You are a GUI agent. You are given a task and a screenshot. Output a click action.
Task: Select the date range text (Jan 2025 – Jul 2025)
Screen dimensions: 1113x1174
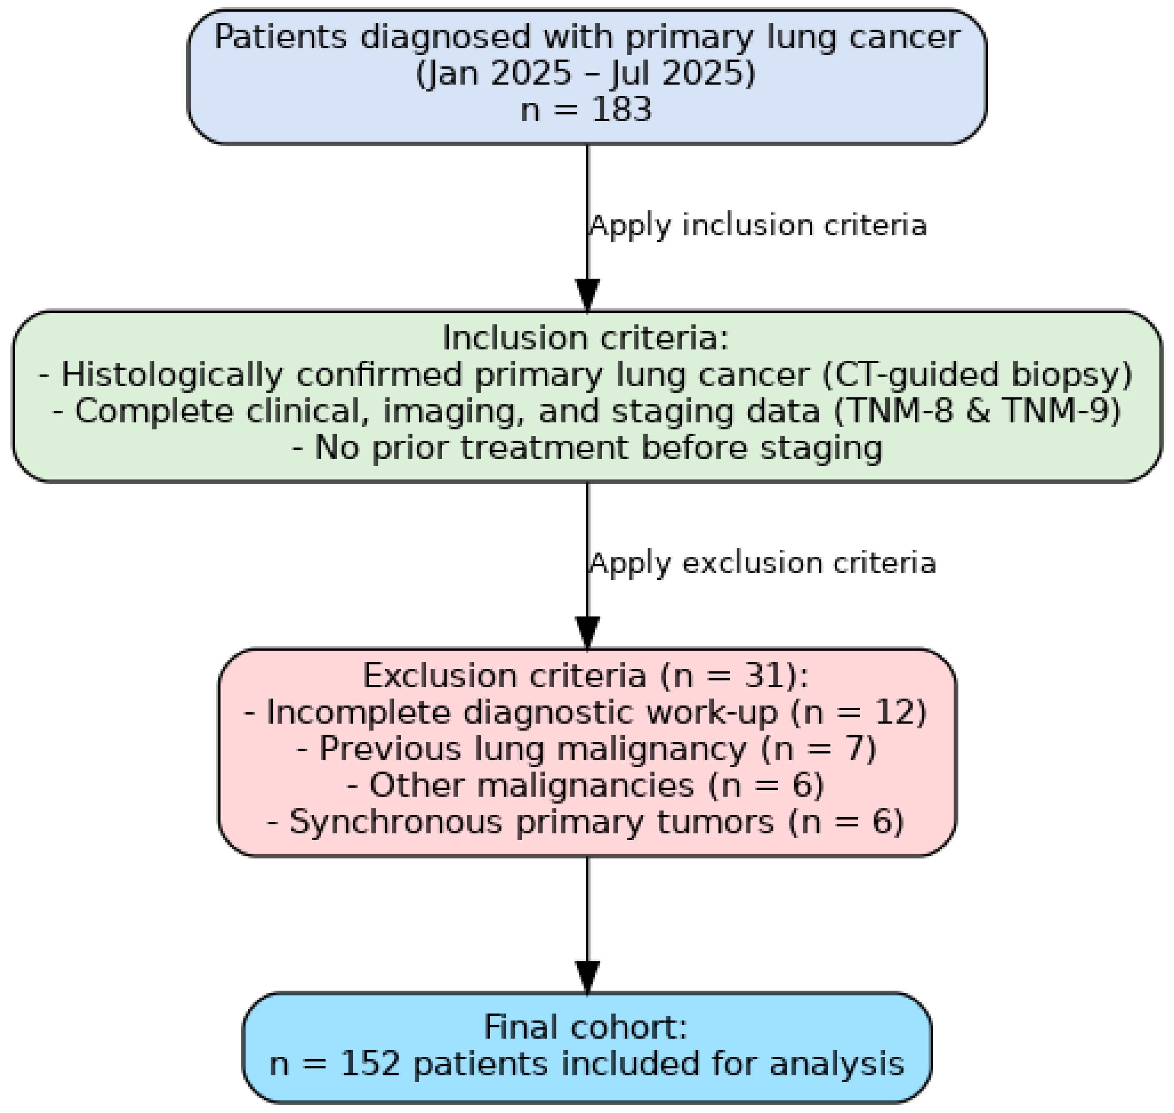[x=586, y=74]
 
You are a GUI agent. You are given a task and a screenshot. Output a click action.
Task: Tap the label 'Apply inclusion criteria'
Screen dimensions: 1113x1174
[x=758, y=226]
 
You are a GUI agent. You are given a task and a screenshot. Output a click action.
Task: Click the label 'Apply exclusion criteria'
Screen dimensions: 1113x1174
[x=762, y=563]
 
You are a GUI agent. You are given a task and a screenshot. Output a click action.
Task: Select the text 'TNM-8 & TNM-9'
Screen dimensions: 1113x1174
[x=978, y=412]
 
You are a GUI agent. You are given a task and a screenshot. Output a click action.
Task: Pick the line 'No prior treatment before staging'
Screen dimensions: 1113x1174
[x=587, y=448]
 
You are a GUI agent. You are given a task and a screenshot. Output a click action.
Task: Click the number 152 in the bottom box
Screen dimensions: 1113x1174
[x=370, y=1064]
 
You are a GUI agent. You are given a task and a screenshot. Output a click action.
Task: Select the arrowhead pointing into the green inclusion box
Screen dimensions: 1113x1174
[x=587, y=295]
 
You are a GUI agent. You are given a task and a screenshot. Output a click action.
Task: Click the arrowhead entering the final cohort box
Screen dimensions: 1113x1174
[x=587, y=976]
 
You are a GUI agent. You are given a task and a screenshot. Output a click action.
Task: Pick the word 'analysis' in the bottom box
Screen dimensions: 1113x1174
[x=836, y=1064]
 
